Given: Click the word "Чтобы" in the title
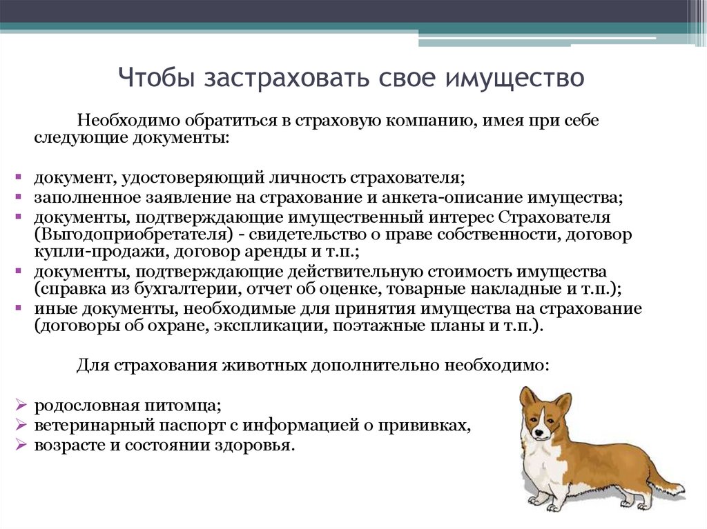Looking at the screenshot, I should tap(156, 77).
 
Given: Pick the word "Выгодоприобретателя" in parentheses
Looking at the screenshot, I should tap(130, 234).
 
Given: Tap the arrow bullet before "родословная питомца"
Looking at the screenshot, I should tap(21, 405).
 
